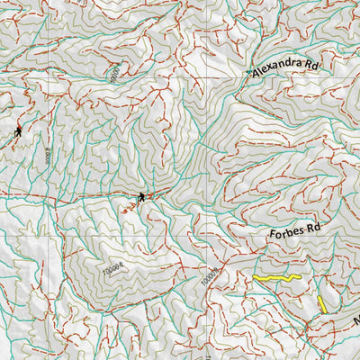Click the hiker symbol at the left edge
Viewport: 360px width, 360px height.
pos(18,131)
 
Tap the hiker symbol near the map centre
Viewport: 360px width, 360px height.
pos(141,196)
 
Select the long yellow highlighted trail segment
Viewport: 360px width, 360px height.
pos(274,280)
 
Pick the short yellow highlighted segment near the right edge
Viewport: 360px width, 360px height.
pos(321,303)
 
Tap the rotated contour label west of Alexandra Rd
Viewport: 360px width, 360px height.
pos(114,75)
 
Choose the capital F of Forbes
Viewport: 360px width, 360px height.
pos(272,233)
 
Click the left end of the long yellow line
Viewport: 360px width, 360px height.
pos(255,278)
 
